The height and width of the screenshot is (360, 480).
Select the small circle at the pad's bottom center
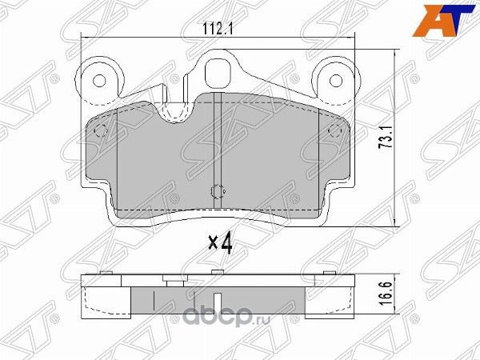(216, 192)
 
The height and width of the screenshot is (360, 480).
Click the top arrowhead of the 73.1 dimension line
(397, 50)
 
